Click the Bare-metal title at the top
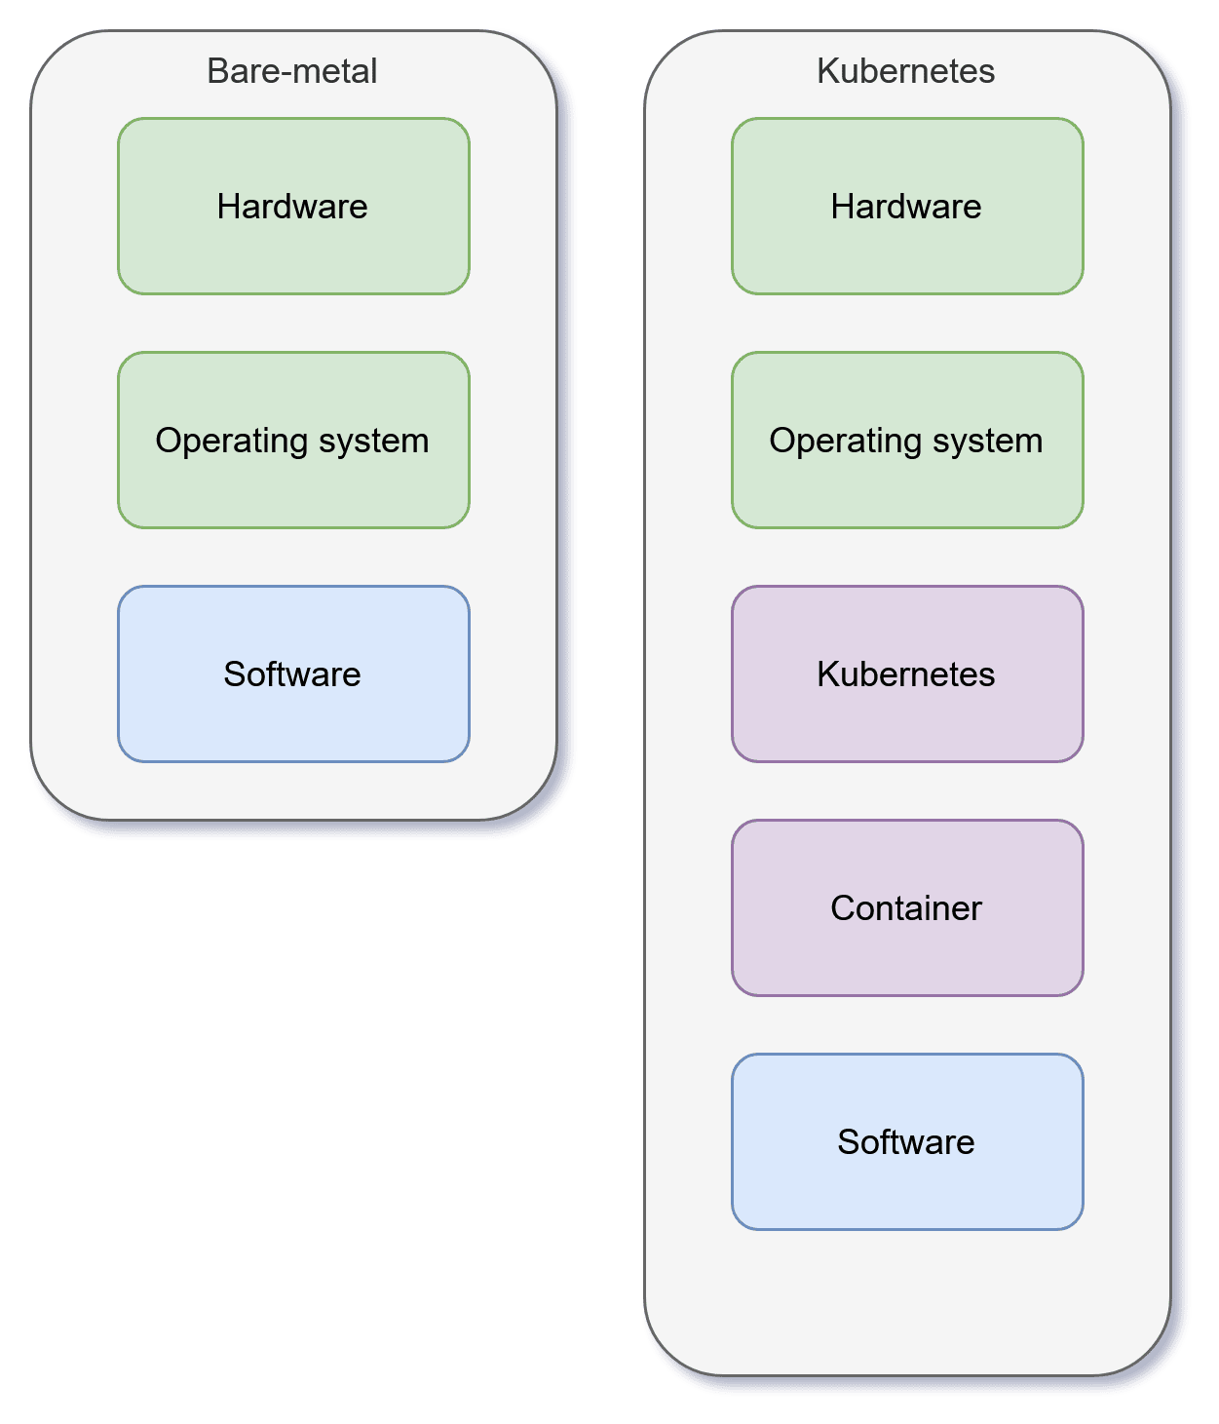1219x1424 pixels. (x=292, y=71)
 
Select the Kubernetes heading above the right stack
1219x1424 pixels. (x=906, y=71)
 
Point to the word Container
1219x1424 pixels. (x=906, y=908)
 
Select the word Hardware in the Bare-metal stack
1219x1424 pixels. (x=292, y=207)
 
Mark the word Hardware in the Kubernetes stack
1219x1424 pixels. (x=906, y=207)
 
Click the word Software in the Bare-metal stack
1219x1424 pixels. (x=292, y=674)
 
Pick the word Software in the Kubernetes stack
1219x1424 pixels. (x=906, y=1142)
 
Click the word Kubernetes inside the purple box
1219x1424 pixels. (x=906, y=674)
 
